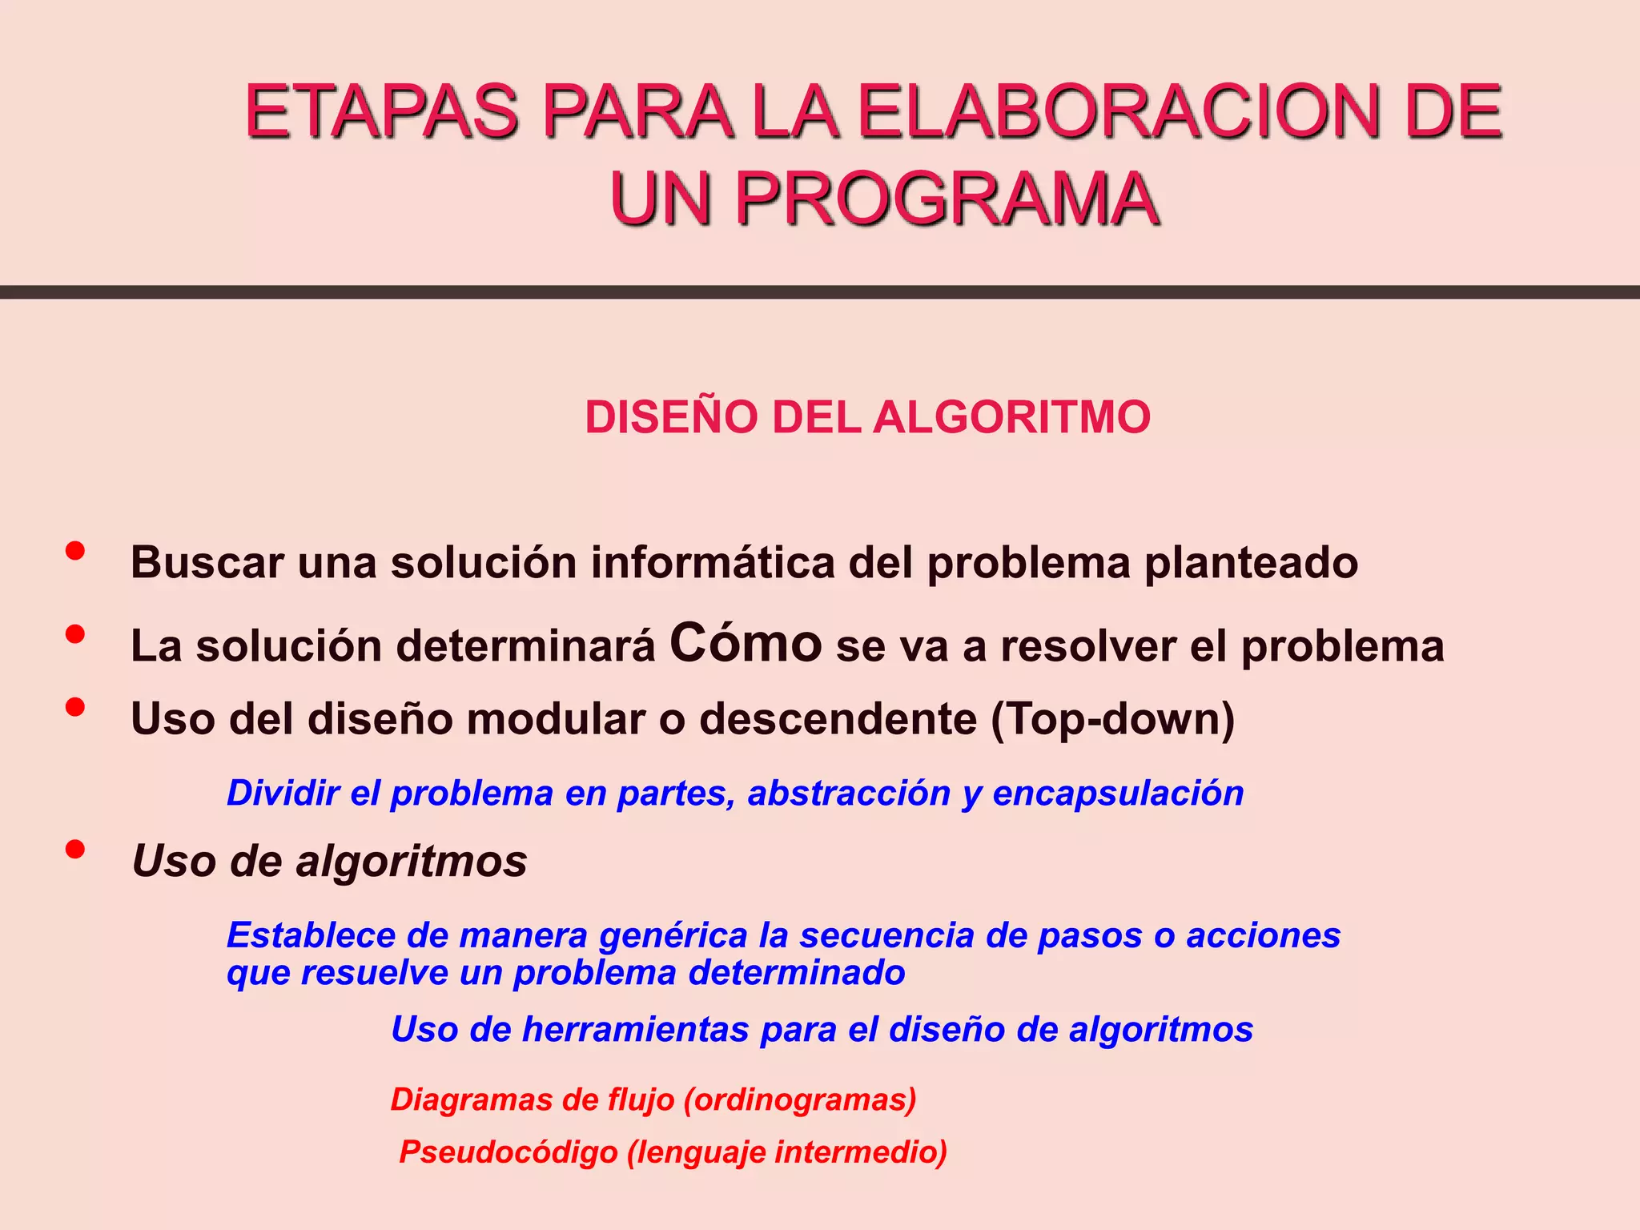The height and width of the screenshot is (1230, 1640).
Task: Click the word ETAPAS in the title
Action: click(x=382, y=112)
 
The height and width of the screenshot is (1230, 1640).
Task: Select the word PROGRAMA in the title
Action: click(x=947, y=199)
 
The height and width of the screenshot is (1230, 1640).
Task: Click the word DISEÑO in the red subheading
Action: click(x=671, y=417)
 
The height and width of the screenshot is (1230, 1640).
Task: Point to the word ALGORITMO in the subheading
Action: click(x=1011, y=417)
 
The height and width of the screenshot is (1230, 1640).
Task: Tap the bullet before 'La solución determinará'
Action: click(x=75, y=634)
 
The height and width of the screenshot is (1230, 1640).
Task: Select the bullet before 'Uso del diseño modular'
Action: click(x=75, y=707)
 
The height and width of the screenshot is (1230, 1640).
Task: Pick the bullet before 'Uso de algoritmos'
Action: click(x=75, y=849)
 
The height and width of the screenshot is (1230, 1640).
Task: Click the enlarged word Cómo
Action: click(x=746, y=643)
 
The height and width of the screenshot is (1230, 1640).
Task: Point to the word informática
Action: click(x=712, y=562)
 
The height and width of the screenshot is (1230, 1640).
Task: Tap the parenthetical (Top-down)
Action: click(x=1112, y=719)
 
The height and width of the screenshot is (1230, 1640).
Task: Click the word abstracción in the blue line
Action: click(x=849, y=794)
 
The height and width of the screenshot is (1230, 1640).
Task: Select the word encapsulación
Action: click(x=1118, y=794)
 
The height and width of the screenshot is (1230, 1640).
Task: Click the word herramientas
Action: click(x=635, y=1030)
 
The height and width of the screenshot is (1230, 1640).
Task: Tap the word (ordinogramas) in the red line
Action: click(x=800, y=1100)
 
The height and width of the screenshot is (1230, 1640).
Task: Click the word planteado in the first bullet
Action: click(x=1251, y=564)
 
